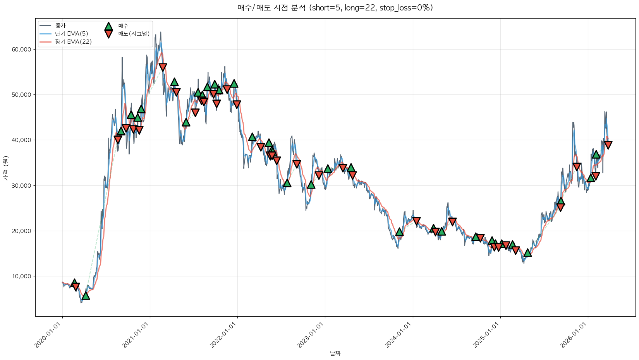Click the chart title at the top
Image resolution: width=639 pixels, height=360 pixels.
[x=335, y=8]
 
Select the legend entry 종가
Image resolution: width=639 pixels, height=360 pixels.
[x=60, y=26]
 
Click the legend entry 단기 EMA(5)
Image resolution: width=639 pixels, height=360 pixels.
[x=71, y=34]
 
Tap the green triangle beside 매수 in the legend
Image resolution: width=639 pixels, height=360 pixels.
[x=108, y=26]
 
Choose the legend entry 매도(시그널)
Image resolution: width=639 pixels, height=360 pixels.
[x=134, y=34]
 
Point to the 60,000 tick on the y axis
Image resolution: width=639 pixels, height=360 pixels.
[x=23, y=50]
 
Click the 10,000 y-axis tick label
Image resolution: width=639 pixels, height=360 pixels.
[x=23, y=276]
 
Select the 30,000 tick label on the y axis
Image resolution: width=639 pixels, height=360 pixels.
[x=23, y=185]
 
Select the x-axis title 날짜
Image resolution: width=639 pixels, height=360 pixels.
[x=335, y=353]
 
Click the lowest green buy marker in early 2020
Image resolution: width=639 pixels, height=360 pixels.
[x=86, y=296]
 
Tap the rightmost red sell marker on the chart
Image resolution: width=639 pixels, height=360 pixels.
[x=608, y=145]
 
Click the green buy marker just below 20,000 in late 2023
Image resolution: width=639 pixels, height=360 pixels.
[x=399, y=232]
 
